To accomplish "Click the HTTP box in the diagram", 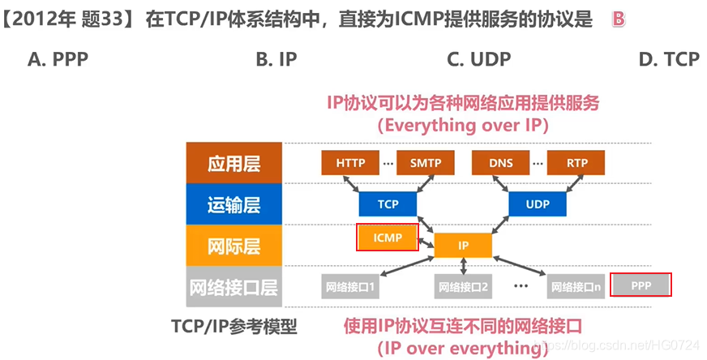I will [350, 163].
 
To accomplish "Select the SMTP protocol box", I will [425, 163].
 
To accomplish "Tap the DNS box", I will [501, 163].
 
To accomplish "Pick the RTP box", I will [576, 163].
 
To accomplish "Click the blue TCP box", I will [388, 204].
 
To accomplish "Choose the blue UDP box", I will [538, 204].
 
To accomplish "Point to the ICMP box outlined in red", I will [388, 238].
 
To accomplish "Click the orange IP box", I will [463, 245].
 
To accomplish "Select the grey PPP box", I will [641, 285].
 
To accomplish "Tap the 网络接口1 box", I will [351, 287].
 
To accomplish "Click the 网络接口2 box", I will [463, 287].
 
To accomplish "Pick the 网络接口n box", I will [576, 287].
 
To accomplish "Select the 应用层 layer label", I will [234, 163].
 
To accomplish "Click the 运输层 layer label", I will [234, 204].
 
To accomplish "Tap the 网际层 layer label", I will [234, 246].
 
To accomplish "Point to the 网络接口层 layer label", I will [234, 287].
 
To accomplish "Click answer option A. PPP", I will [58, 58].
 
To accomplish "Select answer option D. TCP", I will [668, 58].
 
